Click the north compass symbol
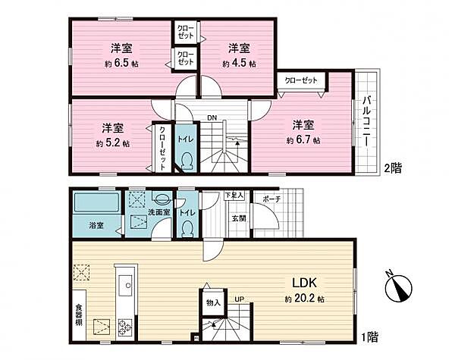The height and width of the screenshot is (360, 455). pyautogui.click(x=398, y=287)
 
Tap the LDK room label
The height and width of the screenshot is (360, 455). pyautogui.click(x=303, y=283)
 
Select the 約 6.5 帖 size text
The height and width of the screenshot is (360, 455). pyautogui.click(x=121, y=64)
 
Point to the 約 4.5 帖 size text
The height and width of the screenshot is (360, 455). pyautogui.click(x=239, y=64)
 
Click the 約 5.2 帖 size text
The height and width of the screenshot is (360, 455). pyautogui.click(x=113, y=143)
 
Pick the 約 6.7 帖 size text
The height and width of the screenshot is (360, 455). pyautogui.click(x=303, y=140)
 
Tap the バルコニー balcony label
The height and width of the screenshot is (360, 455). pyautogui.click(x=366, y=122)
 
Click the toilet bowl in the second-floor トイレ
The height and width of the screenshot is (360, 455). pyautogui.click(x=187, y=161)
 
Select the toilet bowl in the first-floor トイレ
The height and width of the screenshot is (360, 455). pyautogui.click(x=187, y=229)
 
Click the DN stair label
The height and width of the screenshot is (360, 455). pyautogui.click(x=212, y=117)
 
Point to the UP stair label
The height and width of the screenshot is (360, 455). pyautogui.click(x=240, y=299)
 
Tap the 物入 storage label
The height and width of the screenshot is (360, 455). pyautogui.click(x=213, y=303)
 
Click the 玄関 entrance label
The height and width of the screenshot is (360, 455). pyautogui.click(x=239, y=218)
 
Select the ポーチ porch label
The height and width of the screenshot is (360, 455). pyautogui.click(x=271, y=199)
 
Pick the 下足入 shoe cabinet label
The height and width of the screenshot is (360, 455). pyautogui.click(x=234, y=196)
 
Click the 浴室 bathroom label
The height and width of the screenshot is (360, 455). pyautogui.click(x=96, y=225)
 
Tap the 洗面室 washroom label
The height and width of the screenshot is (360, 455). pyautogui.click(x=158, y=212)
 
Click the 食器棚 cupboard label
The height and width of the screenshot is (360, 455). pyautogui.click(x=79, y=315)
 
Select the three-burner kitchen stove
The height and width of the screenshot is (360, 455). pyautogui.click(x=125, y=327)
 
